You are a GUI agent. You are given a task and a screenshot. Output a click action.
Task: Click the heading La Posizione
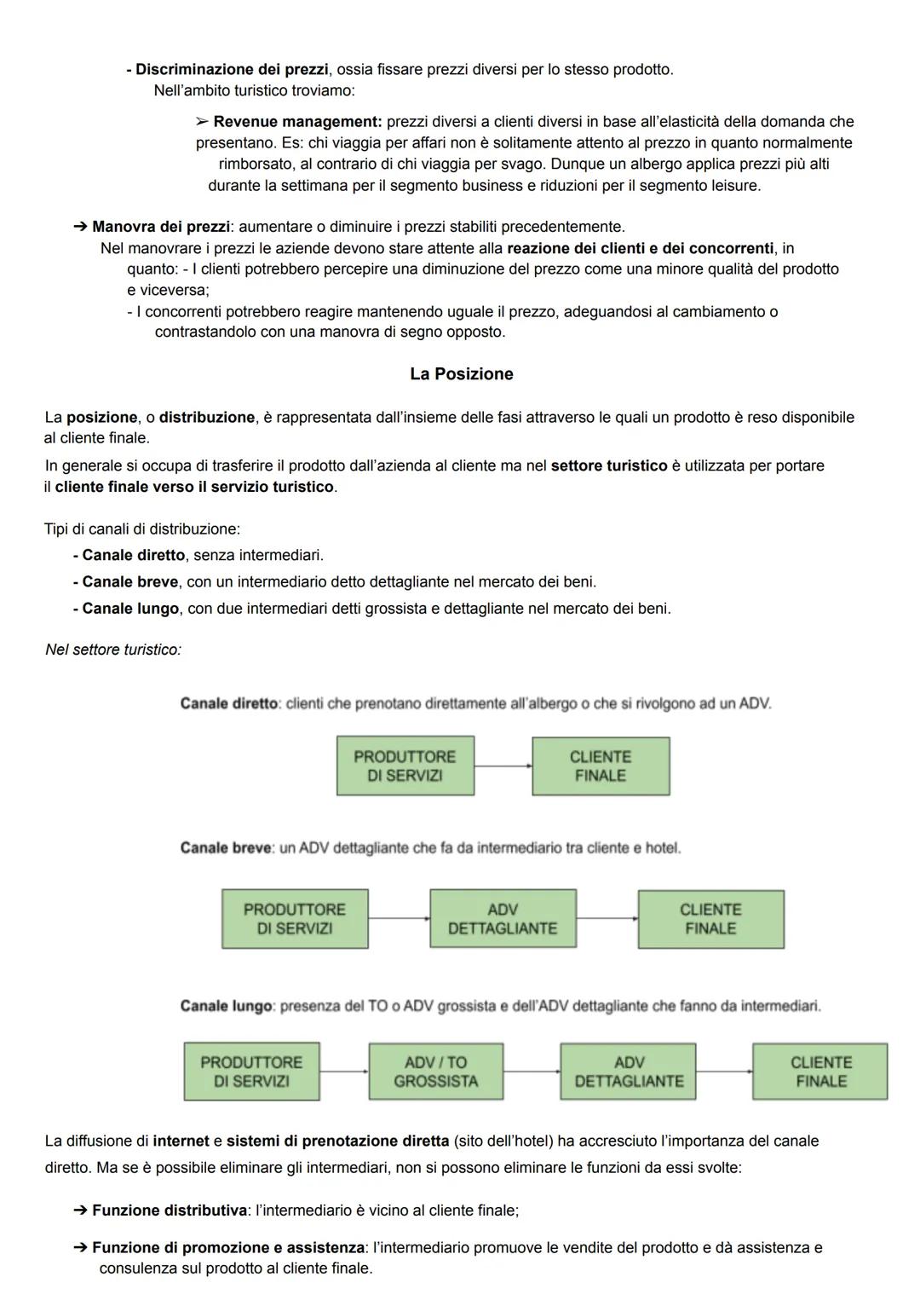point(461,374)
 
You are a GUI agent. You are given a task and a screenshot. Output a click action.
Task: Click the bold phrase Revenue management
point(296,122)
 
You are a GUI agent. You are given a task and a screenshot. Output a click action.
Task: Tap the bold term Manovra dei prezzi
point(160,227)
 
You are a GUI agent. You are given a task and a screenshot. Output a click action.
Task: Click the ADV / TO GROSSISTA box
point(435,1072)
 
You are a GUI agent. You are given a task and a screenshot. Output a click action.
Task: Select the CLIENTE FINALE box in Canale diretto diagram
point(601,766)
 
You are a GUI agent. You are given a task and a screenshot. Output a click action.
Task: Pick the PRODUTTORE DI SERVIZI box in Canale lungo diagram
point(251,1072)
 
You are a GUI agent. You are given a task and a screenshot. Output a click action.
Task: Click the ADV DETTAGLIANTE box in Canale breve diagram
point(503,919)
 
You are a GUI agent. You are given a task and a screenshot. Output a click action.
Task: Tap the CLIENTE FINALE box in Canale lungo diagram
point(820,1072)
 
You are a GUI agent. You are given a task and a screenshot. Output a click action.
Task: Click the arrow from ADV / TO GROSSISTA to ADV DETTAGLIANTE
point(532,1072)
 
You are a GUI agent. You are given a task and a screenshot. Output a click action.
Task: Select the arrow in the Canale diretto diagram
point(503,766)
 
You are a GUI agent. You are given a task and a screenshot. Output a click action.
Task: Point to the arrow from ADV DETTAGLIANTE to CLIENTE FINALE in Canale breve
point(607,919)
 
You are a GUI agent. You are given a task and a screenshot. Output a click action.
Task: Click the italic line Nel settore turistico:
point(113,650)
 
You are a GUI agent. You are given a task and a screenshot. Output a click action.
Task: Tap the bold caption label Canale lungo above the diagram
point(226,1007)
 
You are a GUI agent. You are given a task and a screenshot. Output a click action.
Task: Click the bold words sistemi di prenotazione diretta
point(337,1141)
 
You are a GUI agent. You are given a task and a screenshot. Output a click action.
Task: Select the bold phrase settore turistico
point(609,466)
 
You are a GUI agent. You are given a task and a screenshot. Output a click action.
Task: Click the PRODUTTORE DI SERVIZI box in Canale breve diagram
point(295,919)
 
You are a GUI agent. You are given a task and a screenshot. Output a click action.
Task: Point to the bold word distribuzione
point(207,418)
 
